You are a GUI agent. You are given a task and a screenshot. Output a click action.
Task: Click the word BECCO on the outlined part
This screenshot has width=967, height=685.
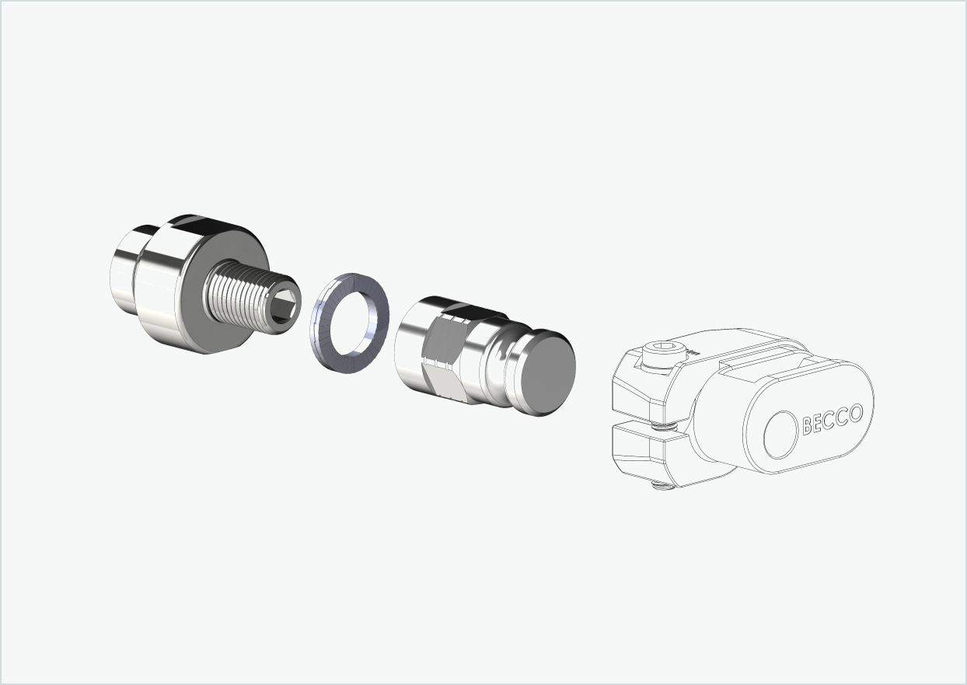coord(833,419)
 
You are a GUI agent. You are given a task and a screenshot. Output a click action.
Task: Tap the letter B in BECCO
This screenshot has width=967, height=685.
coord(808,425)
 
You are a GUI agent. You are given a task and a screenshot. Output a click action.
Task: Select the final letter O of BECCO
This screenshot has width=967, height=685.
coord(856,413)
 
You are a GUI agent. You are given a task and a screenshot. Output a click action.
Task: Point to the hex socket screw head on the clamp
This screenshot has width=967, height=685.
coord(664,354)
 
